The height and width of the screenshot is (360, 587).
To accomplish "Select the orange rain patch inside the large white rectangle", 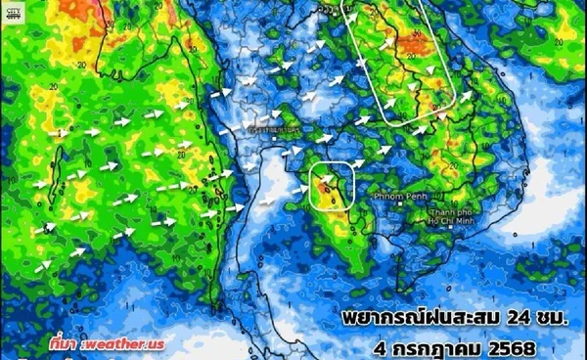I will pyautogui.click(x=391, y=44).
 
